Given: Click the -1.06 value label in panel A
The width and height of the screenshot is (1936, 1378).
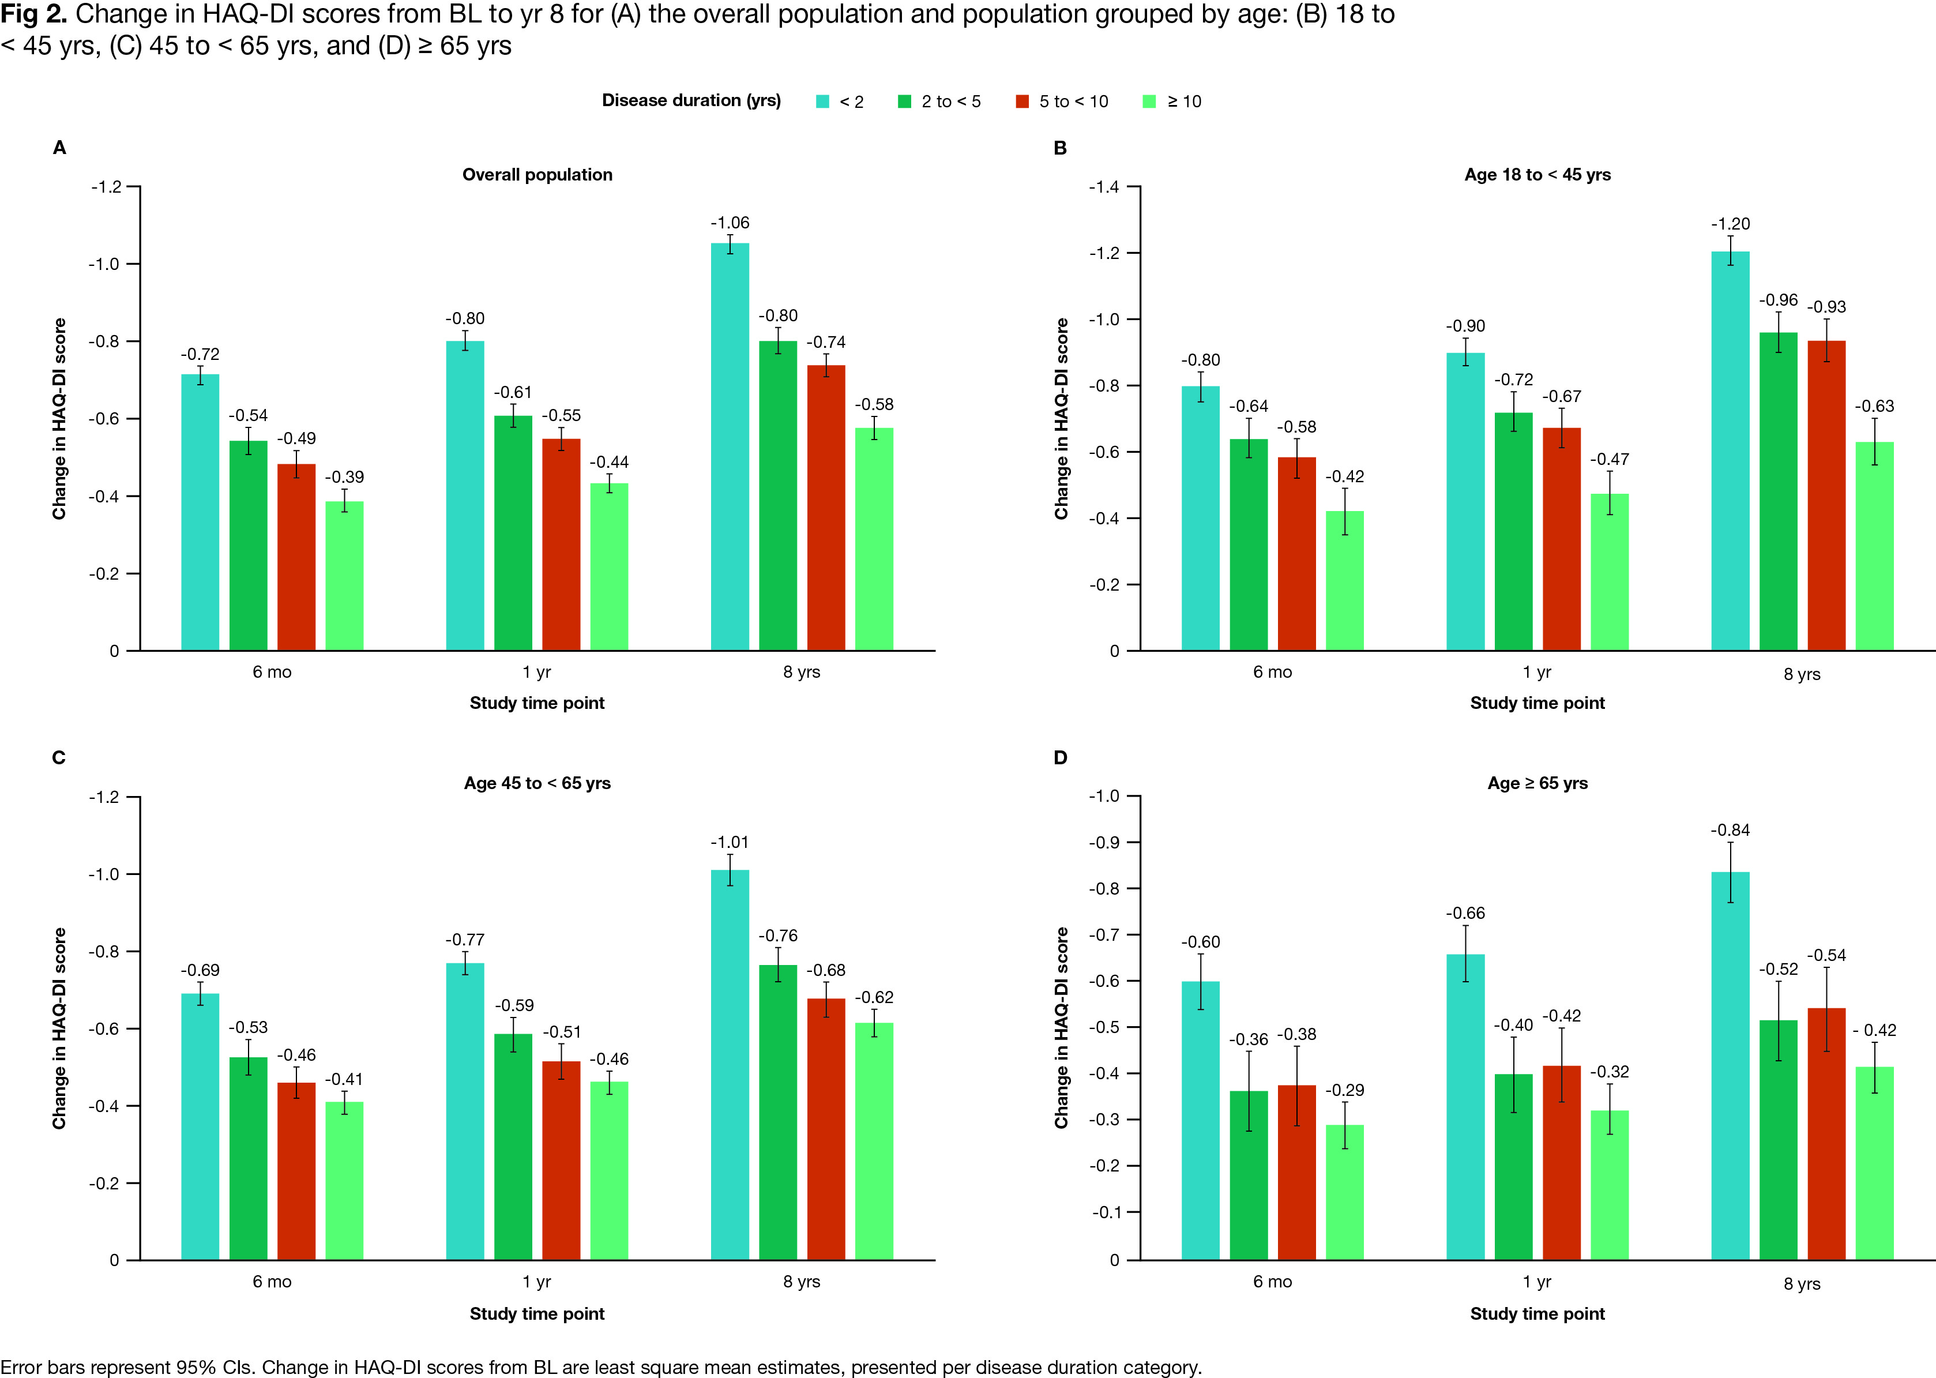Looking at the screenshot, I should click(x=730, y=223).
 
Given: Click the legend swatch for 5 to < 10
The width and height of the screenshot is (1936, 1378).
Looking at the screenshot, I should click(x=1022, y=102).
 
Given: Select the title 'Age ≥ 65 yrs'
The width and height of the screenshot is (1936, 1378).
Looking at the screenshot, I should click(x=1537, y=783).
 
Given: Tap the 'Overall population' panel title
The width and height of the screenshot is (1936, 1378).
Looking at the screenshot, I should click(x=537, y=175).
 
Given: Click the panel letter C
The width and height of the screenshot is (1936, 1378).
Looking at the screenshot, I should click(x=59, y=758).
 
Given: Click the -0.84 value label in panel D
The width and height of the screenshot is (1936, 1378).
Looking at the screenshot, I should click(x=1730, y=830).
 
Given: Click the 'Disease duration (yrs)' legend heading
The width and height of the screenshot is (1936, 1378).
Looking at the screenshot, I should click(x=690, y=101).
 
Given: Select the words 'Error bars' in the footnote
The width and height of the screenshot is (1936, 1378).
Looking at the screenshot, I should click(x=43, y=1367).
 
